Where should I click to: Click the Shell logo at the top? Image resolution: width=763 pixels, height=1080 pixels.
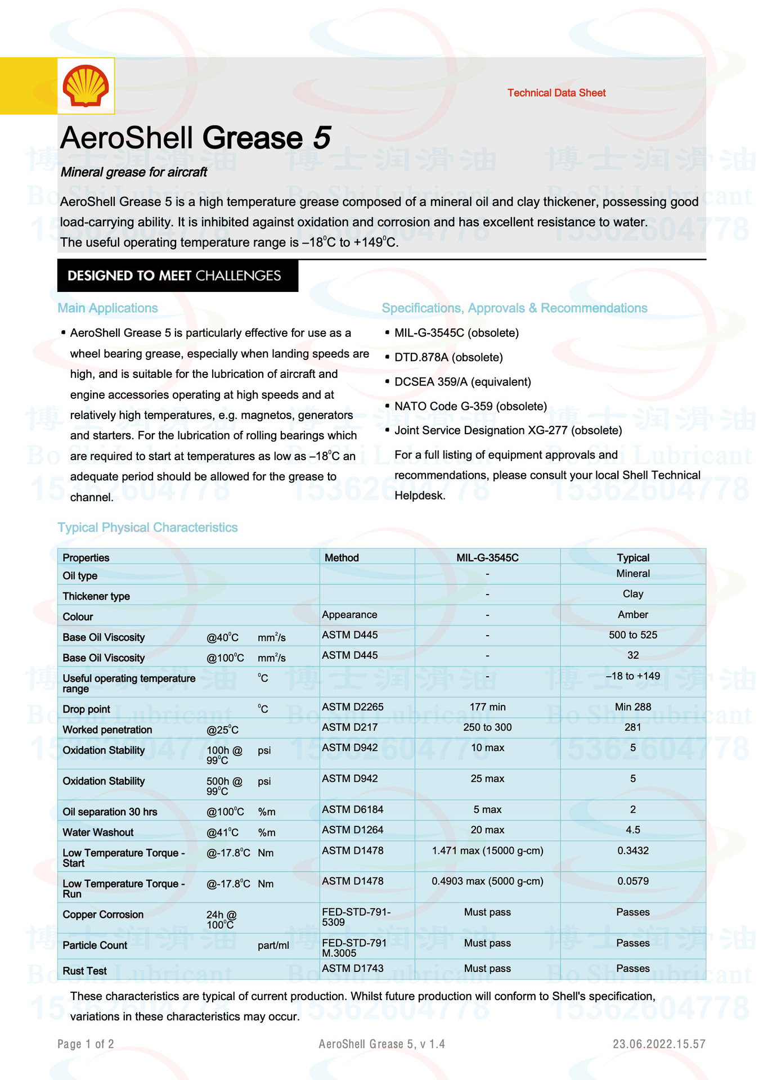point(86,86)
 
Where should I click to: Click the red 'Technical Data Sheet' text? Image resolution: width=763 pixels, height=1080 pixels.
point(556,93)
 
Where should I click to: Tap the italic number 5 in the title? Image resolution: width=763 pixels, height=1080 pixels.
point(321,138)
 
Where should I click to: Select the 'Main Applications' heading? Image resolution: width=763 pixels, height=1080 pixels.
point(107,308)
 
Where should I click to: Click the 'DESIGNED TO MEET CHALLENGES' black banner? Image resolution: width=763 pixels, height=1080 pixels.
point(177,276)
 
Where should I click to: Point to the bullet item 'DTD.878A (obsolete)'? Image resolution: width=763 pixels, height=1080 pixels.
point(448,357)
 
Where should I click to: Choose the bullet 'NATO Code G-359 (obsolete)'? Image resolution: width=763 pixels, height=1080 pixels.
point(470,406)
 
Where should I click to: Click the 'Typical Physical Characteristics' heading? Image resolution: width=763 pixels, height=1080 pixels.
point(147,528)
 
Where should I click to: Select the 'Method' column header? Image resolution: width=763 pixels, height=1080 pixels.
point(342,557)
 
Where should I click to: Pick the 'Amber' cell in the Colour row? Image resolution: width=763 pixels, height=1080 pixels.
point(632,615)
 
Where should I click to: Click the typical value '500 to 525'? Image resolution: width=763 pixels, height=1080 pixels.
point(632,635)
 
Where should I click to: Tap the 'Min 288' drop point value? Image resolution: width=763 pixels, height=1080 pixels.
point(632,707)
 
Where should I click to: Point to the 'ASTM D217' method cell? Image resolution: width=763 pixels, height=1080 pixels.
point(349,727)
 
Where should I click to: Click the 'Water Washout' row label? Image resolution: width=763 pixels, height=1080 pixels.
point(98,832)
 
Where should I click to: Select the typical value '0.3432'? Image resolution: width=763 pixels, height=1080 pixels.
point(632,850)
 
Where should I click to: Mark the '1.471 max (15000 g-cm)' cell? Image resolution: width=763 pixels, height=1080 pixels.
point(487,850)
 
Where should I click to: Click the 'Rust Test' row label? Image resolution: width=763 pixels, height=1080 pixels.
point(84,971)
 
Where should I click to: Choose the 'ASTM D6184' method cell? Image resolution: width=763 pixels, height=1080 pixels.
point(352,809)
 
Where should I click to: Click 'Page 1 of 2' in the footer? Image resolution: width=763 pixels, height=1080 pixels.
point(86,1044)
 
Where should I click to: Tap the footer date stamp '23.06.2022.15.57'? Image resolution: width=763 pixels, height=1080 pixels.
point(659,1044)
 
